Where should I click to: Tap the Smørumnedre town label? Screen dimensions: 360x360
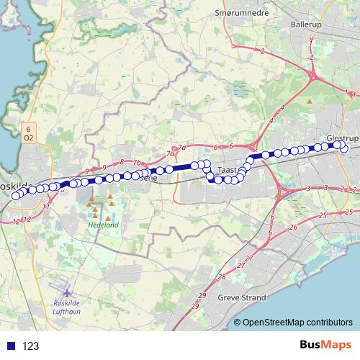[240, 13]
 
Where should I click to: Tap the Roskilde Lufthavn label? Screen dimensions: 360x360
[68, 305]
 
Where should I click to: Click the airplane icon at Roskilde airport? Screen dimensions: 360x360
[68, 292]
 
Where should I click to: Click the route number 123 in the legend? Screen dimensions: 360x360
[30, 346]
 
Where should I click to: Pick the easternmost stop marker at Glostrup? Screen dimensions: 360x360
[344, 149]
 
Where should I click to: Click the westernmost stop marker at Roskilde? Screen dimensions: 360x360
[16, 195]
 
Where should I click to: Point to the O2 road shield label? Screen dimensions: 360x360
[27, 137]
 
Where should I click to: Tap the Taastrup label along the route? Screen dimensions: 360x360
[227, 171]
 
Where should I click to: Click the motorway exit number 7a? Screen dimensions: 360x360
[171, 153]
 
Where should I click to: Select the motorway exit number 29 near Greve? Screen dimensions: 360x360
[202, 296]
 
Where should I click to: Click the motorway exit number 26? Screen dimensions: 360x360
[293, 228]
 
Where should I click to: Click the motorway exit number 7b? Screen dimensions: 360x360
[137, 163]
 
